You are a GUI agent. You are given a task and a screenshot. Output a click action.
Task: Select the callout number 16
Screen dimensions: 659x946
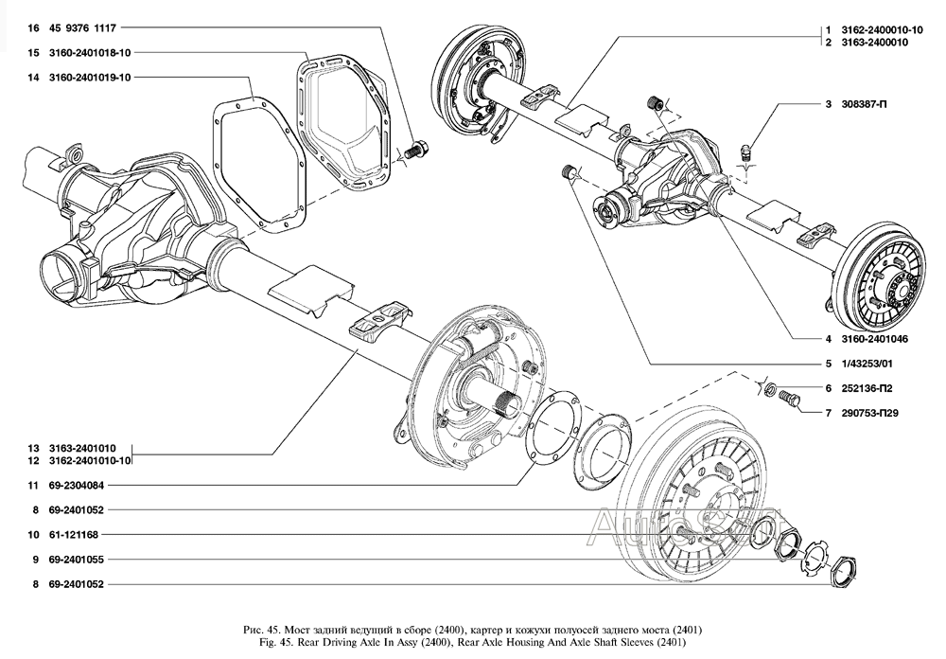(x=33, y=28)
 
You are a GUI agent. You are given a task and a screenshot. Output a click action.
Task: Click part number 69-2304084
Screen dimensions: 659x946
(x=77, y=485)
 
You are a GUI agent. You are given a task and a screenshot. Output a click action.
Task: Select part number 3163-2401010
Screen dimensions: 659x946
(x=83, y=448)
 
